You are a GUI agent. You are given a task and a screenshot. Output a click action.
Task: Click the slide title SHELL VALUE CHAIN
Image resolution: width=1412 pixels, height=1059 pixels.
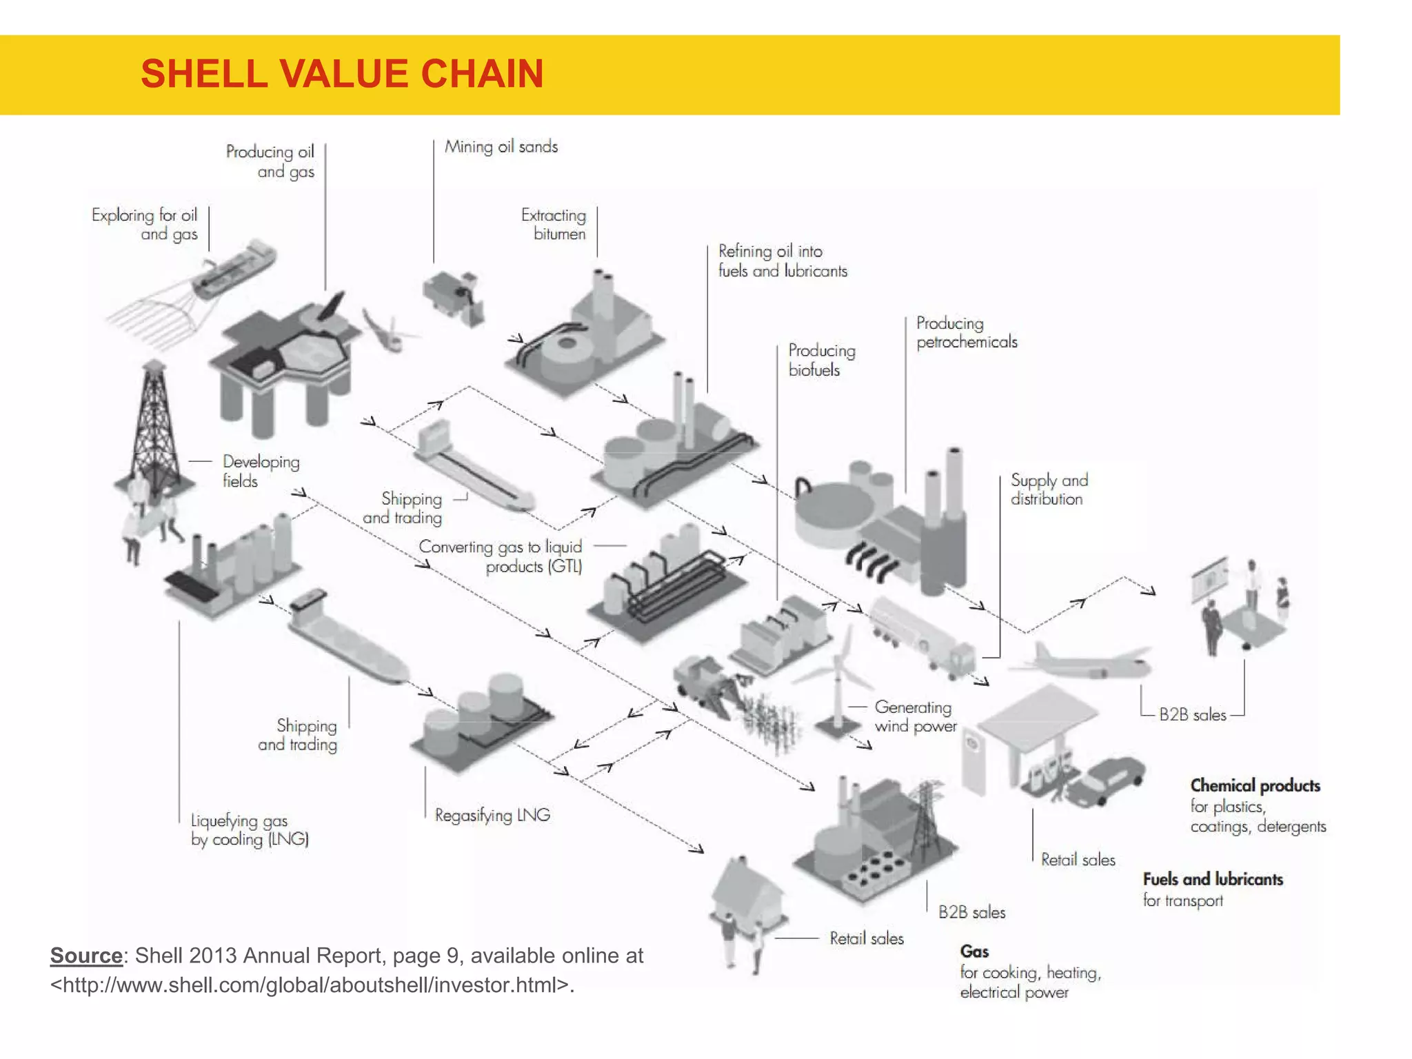342,74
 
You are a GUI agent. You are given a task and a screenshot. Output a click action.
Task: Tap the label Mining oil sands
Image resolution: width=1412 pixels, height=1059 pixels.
501,146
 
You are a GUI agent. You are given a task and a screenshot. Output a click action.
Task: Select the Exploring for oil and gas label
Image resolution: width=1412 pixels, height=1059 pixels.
145,225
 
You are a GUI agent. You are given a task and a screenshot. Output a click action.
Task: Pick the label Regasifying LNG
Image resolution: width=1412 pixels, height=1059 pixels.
492,815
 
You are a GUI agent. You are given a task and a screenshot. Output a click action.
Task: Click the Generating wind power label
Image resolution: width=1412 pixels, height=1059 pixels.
915,716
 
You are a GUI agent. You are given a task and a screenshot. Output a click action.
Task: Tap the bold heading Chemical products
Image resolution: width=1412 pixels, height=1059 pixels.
1255,785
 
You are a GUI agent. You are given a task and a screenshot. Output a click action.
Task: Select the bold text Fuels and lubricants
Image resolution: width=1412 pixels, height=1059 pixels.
1213,879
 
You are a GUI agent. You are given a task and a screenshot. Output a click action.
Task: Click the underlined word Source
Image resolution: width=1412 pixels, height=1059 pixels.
86,956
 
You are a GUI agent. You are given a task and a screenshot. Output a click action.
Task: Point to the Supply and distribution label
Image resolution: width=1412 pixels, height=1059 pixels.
1048,489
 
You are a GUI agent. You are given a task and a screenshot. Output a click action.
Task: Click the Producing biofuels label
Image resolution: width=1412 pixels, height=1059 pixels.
821,360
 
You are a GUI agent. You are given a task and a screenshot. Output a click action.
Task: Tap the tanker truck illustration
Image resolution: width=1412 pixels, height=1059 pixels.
920,634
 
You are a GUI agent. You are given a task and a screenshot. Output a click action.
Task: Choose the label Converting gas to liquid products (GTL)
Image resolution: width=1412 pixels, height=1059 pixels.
501,556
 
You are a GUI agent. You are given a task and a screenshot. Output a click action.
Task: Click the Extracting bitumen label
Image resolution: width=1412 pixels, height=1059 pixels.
554,224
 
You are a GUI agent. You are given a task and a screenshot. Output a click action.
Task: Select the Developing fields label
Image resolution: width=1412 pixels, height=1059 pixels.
260,471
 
